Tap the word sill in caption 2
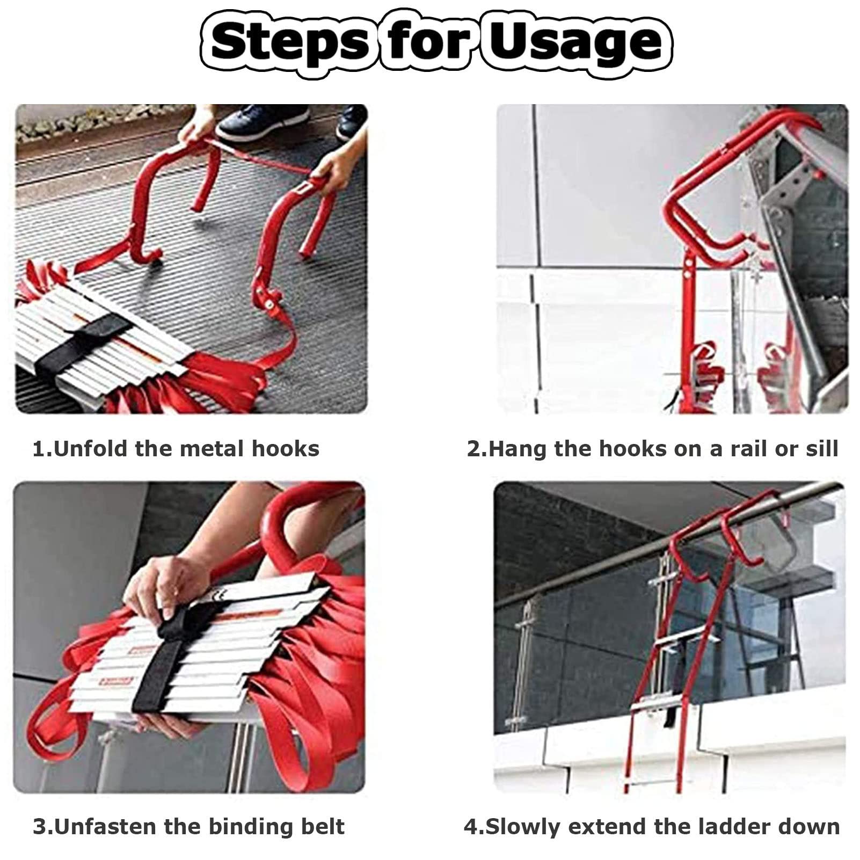coord(822,449)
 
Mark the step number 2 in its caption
coord(473,449)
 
